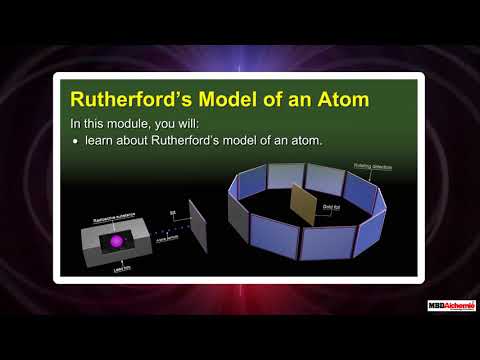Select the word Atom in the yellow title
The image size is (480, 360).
pyautogui.click(x=337, y=100)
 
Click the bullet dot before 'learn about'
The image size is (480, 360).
pyautogui.click(x=75, y=140)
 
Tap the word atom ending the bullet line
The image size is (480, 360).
pyautogui.click(x=306, y=140)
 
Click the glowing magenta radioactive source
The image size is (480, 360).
pyautogui.click(x=117, y=242)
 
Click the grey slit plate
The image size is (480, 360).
pyautogui.click(x=195, y=231)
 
